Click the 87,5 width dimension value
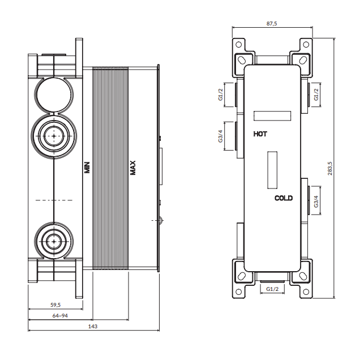272,23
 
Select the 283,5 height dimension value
329,168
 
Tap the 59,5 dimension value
55,305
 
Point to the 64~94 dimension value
60,316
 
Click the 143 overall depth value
93,326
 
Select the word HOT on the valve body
260,134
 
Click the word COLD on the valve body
284,198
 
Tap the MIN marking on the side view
87,168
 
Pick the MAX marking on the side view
133,168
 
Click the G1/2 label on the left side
220,95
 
